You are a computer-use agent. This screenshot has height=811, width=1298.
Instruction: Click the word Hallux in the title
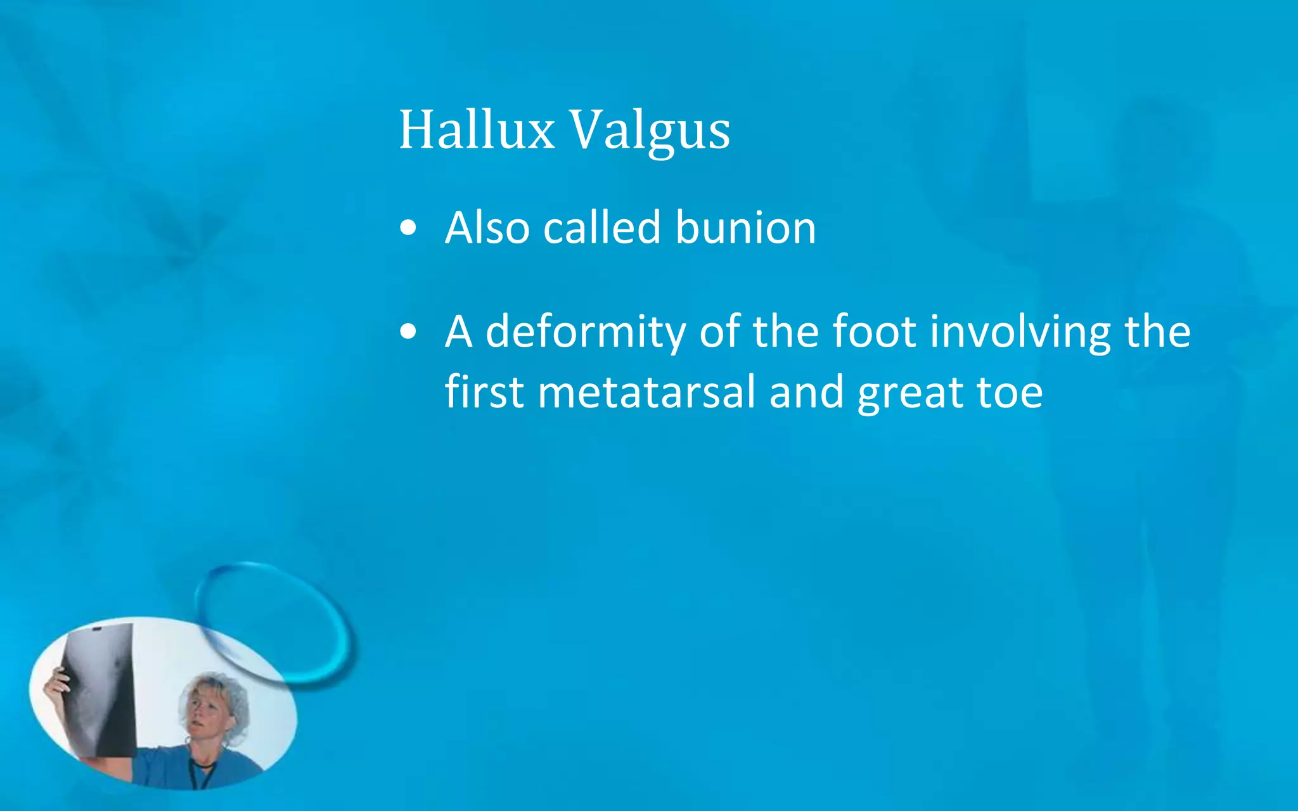(477, 130)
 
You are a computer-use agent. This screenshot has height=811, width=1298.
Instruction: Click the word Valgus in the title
(650, 131)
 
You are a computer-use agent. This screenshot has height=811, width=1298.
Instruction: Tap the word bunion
(745, 227)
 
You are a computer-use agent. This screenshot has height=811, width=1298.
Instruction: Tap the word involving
(1020, 332)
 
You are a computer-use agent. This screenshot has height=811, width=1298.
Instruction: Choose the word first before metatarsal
(484, 392)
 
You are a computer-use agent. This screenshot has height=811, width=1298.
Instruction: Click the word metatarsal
(646, 392)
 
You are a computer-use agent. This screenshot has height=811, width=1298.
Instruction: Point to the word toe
(1010, 392)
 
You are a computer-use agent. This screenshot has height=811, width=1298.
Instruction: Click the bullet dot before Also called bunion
(409, 228)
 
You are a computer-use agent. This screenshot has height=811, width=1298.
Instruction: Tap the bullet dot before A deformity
(409, 331)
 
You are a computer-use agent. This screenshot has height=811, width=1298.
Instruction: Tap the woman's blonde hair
(228, 697)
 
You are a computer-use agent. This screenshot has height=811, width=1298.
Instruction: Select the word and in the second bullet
(806, 392)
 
